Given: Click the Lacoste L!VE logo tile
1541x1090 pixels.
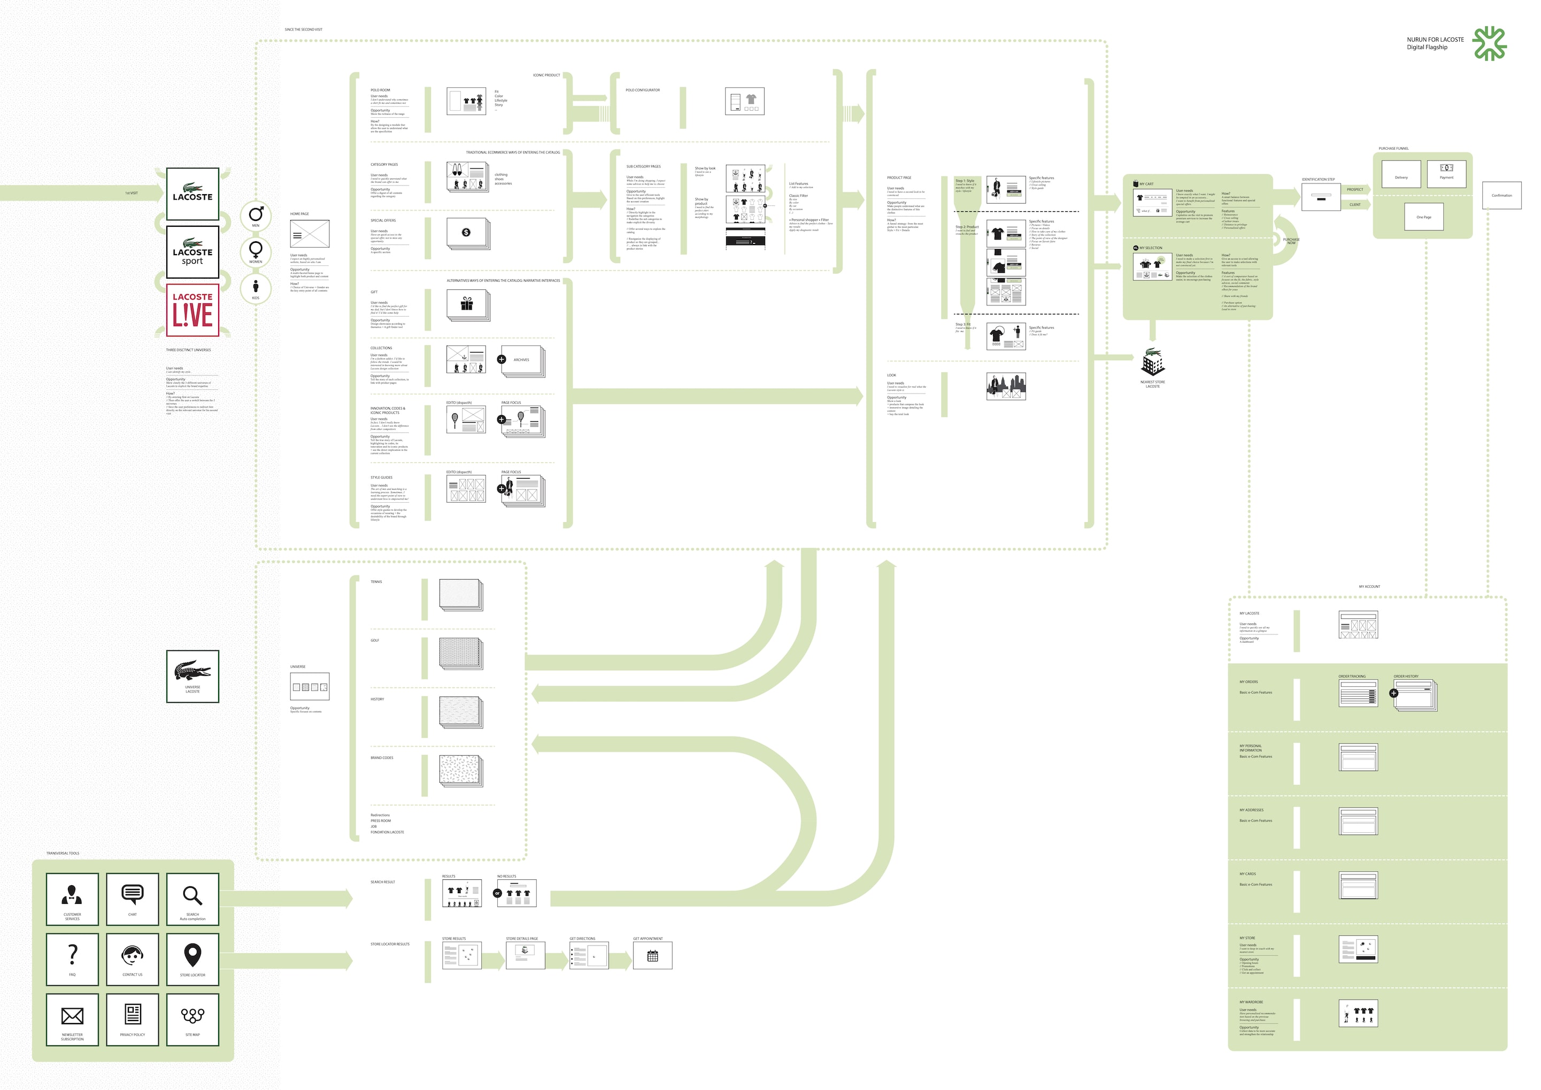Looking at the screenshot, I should pyautogui.click(x=192, y=310).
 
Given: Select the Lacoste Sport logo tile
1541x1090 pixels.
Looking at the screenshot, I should pyautogui.click(x=192, y=252).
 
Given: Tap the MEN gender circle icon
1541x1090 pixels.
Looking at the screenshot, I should pyautogui.click(x=256, y=216).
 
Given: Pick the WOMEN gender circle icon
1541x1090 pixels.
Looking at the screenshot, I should pyautogui.click(x=256, y=252).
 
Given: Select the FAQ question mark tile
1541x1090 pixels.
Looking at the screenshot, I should pyautogui.click(x=73, y=958).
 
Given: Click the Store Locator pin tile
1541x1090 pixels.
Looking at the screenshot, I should pyautogui.click(x=192, y=958).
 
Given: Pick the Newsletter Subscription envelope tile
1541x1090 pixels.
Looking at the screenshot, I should pyautogui.click(x=73, y=1019).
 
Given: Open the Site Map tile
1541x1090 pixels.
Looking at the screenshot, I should pyautogui.click(x=192, y=1019).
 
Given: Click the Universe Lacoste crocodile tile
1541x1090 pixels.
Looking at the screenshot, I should pyautogui.click(x=192, y=676).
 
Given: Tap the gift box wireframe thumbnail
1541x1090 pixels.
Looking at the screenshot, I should pyautogui.click(x=466, y=305).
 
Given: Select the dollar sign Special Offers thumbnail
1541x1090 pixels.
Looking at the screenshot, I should pyautogui.click(x=466, y=232).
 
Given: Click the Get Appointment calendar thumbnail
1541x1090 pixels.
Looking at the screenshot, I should pyautogui.click(x=652, y=956).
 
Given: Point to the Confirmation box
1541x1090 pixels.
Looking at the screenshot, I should pyautogui.click(x=1501, y=195).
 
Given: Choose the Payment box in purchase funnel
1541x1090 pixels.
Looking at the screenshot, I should pyautogui.click(x=1446, y=174).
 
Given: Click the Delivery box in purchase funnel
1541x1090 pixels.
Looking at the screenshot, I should pyautogui.click(x=1401, y=174).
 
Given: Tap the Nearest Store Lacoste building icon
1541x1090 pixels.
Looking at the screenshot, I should pyautogui.click(x=1152, y=363).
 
